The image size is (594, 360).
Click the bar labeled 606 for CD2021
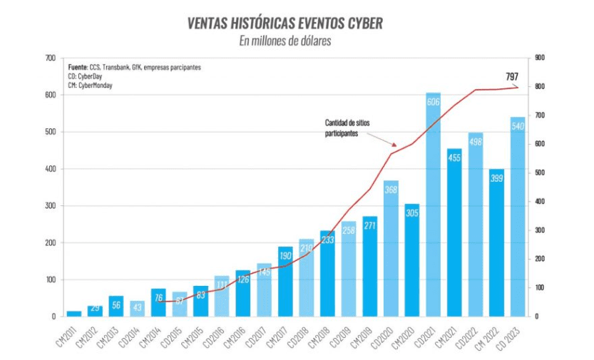pyautogui.click(x=433, y=207)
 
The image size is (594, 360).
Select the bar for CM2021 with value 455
pyautogui.click(x=454, y=235)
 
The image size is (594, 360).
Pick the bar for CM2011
pyautogui.click(x=73, y=313)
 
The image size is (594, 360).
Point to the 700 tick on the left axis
pyautogui.click(x=50, y=58)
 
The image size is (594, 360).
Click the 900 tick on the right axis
pyautogui.click(x=540, y=58)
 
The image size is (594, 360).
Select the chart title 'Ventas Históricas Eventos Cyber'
pyautogui.click(x=285, y=24)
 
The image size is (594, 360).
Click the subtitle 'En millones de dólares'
pyautogui.click(x=285, y=41)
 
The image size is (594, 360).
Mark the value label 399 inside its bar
pyautogui.click(x=496, y=178)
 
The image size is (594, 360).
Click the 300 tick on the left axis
pyautogui.click(x=50, y=205)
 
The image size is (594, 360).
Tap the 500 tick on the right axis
pyautogui.click(x=540, y=173)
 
